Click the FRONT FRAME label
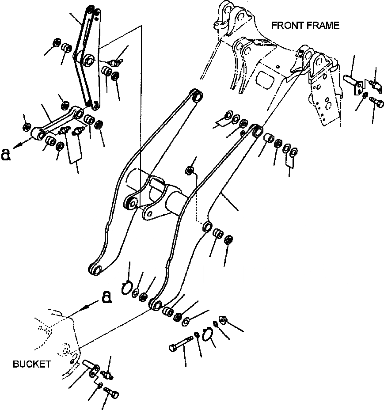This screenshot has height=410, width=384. [305, 25]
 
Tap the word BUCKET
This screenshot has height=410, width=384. [31, 364]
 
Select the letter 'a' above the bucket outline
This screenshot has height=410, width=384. [106, 298]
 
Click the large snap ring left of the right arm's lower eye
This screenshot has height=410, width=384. [127, 288]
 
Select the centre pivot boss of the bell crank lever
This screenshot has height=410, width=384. [87, 60]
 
